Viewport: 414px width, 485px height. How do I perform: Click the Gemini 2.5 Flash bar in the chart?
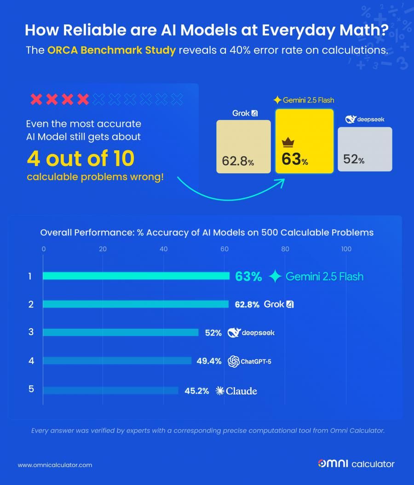[x=136, y=276]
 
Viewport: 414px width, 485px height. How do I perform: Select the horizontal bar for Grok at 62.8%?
[x=136, y=304]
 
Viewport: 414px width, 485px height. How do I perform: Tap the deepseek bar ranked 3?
[x=121, y=332]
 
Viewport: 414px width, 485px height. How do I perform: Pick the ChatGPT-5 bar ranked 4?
[x=117, y=361]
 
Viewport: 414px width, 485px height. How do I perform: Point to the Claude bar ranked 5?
[x=110, y=390]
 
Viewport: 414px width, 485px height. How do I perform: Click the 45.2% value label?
[x=197, y=391]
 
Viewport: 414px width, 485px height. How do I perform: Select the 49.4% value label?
[x=209, y=361]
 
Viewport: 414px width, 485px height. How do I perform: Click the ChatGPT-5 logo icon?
[x=234, y=361]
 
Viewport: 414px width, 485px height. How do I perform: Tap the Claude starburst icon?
[x=220, y=391]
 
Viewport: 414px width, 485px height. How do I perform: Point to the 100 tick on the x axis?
[x=346, y=249]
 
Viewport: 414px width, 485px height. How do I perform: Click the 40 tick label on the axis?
[x=163, y=249]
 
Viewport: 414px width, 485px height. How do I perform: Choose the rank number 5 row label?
[x=31, y=389]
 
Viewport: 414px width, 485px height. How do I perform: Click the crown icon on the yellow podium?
[x=288, y=142]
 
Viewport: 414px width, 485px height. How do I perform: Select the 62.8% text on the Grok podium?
[x=237, y=161]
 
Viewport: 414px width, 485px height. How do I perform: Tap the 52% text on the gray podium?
[x=354, y=160]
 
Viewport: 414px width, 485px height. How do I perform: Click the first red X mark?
[x=36, y=99]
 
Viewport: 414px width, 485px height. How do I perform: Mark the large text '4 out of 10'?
[x=80, y=159]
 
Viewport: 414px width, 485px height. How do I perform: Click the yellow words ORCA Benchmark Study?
[x=112, y=50]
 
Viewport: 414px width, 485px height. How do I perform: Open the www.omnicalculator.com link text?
[x=55, y=465]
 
